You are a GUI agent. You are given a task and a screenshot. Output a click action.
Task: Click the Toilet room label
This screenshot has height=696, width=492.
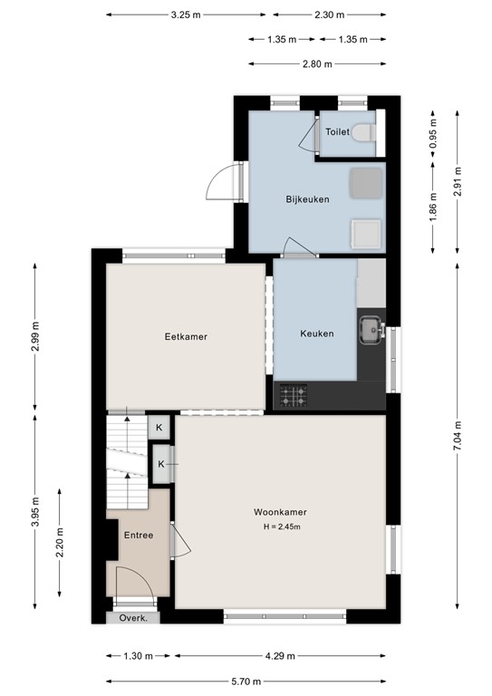coord(337,131)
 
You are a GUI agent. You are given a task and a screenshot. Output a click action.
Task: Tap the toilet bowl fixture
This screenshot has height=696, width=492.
coord(363,132)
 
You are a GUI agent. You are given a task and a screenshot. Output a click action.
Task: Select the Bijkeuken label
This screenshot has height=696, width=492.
coord(307,199)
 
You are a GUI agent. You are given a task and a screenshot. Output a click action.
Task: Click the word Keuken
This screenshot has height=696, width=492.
coord(316,333)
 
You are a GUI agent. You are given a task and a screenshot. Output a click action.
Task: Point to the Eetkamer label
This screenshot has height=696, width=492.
coord(186,336)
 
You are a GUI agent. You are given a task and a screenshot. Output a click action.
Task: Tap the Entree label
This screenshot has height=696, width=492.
coord(139,536)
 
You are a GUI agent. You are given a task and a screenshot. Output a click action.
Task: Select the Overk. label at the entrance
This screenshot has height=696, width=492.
coord(133,617)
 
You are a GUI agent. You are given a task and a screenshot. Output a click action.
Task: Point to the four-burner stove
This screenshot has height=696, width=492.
coord(292,394)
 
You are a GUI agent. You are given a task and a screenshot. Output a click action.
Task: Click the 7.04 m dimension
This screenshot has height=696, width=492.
coord(458,426)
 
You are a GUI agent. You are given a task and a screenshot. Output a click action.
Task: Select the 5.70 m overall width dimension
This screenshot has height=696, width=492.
coord(246,681)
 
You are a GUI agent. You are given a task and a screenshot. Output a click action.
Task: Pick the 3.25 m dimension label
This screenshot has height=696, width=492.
coord(187,15)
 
